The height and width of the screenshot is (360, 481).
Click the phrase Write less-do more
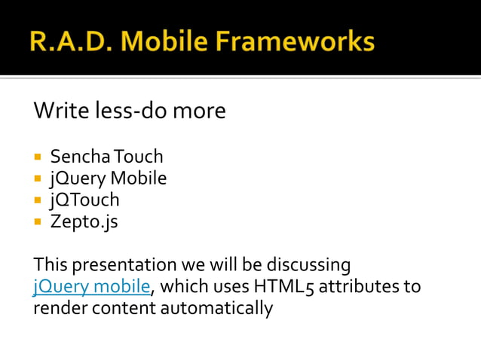click(x=130, y=111)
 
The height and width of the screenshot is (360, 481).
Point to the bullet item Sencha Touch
click(x=106, y=157)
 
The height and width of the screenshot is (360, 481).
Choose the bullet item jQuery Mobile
click(x=109, y=178)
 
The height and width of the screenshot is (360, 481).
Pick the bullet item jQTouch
click(x=84, y=200)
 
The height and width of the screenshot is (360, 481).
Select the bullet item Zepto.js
click(x=84, y=221)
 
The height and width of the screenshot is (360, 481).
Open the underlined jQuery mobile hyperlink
click(x=93, y=287)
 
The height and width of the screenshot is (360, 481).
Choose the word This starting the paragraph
click(x=50, y=266)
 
